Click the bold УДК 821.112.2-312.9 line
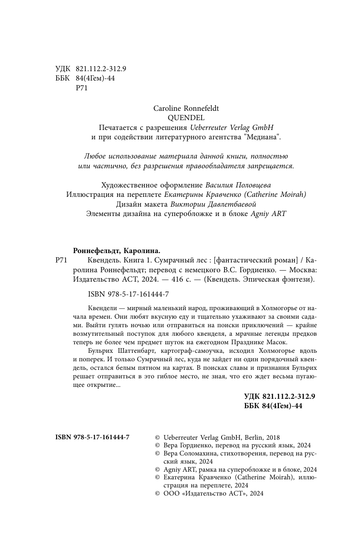(279, 396)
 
